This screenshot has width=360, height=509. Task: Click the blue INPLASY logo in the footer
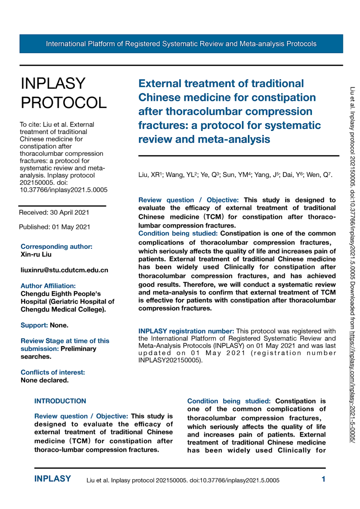tap(52, 479)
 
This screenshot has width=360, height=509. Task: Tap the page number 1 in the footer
tap(323, 479)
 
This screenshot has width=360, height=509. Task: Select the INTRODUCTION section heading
tap(60, 401)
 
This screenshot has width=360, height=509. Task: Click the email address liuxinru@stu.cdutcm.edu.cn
tap(64, 270)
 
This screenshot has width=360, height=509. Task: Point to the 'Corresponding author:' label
tap(56, 247)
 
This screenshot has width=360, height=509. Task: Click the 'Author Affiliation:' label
tap(48, 286)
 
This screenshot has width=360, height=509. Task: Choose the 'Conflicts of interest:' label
tap(53, 372)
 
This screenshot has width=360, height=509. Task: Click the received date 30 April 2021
tap(69, 212)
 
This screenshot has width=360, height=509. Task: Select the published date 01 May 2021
tap(71, 227)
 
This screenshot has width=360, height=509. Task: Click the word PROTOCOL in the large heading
tap(64, 103)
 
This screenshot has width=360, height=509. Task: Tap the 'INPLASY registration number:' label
tap(186, 331)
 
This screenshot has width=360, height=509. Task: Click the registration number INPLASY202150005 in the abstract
tap(169, 360)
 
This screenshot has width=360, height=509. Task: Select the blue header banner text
tap(181, 44)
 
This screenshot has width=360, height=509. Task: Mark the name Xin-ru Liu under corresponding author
tap(36, 254)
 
